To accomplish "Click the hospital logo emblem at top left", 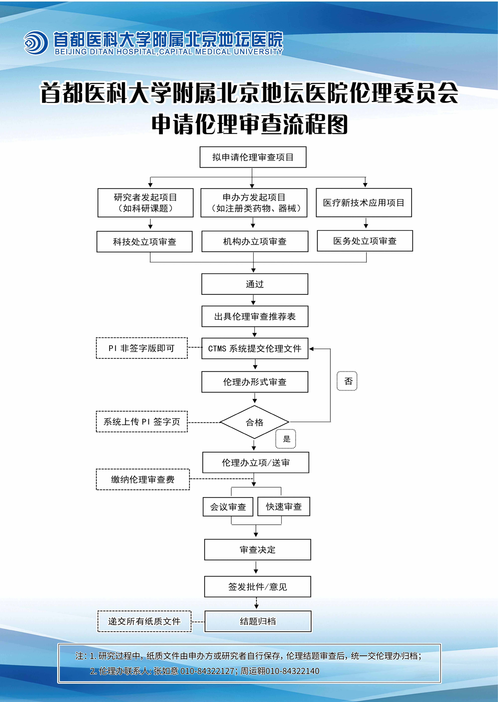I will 36,43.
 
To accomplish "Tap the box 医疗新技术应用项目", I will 364,203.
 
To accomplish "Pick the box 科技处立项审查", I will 144,242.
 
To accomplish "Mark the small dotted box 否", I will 347,381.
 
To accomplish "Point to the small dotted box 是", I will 286,439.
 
